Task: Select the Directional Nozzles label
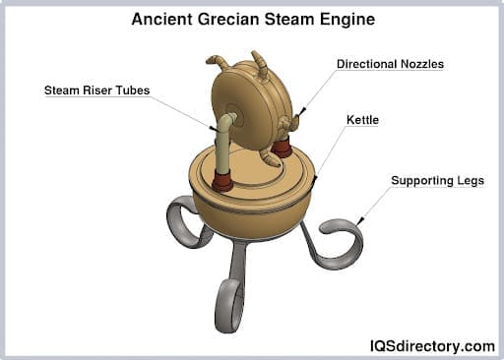tap(390, 64)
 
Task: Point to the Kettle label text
tap(362, 120)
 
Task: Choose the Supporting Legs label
tap(437, 181)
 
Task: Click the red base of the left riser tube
tap(222, 182)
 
